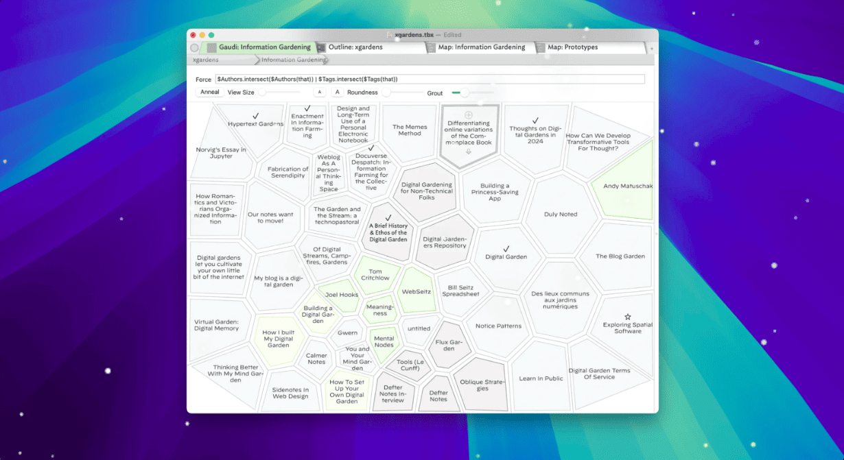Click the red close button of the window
[193, 35]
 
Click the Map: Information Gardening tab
[481, 47]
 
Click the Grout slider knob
[465, 93]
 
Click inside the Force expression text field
[430, 79]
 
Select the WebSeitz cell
[417, 291]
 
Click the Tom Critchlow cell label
[375, 274]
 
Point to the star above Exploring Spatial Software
[627, 317]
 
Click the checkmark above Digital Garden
[506, 249]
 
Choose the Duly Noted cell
[561, 214]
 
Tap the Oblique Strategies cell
[482, 385]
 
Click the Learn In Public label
[541, 378]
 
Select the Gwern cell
[347, 332]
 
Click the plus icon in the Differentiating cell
[469, 114]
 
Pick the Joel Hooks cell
[340, 295]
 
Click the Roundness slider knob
[386, 93]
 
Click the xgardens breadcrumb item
[206, 60]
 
